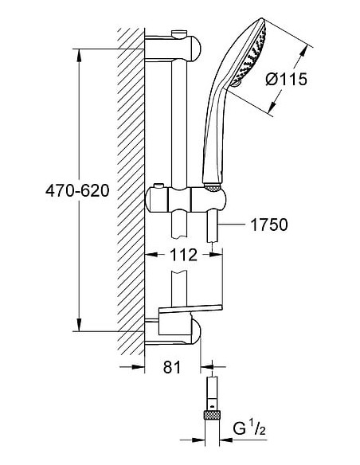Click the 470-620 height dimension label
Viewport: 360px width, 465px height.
[77, 190]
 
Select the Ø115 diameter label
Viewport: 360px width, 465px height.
[287, 80]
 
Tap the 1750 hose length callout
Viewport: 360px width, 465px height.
[269, 225]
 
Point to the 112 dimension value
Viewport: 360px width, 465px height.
[183, 255]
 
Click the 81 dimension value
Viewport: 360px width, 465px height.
[172, 367]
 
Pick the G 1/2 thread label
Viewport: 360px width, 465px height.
[249, 429]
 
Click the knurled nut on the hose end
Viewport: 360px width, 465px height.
[212, 415]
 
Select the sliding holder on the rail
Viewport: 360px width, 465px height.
[186, 199]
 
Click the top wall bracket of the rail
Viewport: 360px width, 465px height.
[173, 47]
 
